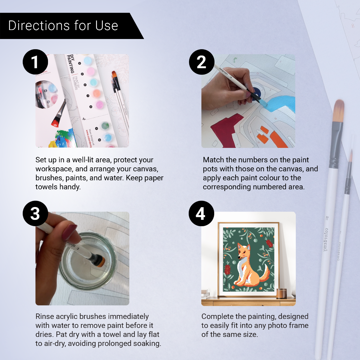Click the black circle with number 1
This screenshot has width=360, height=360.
pyautogui.click(x=35, y=62)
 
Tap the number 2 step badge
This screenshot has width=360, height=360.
pyautogui.click(x=202, y=62)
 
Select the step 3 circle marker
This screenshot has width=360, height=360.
pyautogui.click(x=35, y=213)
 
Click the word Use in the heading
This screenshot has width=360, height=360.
pyautogui.click(x=106, y=26)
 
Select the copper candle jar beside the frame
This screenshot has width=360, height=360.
pyautogui.click(x=281, y=293)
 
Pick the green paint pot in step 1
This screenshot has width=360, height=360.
pyautogui.click(x=105, y=125)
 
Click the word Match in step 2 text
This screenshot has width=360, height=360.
pyautogui.click(x=213, y=160)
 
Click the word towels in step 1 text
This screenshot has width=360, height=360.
pyautogui.click(x=45, y=187)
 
